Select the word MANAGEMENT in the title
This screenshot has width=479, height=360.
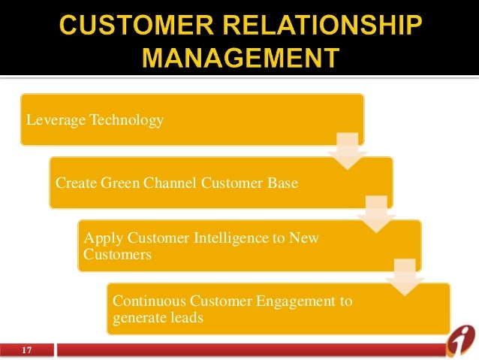tap(239, 59)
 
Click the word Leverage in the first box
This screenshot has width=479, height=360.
tap(55, 119)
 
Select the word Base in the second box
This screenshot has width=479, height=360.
tap(282, 183)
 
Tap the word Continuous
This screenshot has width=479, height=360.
tap(147, 302)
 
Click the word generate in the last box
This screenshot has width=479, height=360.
tap(137, 318)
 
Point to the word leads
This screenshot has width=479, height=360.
tap(185, 318)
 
